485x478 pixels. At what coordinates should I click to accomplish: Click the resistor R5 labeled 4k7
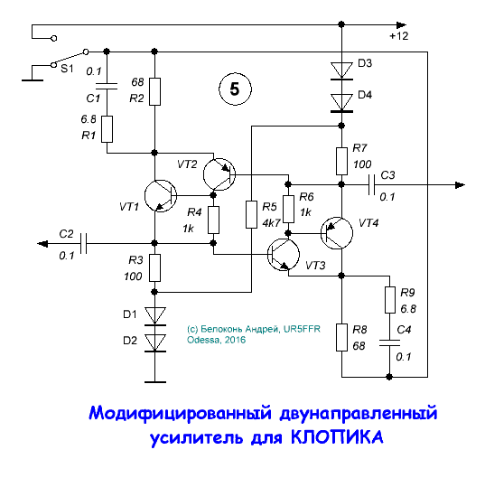click(251, 214)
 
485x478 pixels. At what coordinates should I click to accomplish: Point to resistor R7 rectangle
click(342, 160)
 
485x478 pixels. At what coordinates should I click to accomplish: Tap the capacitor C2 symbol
click(82, 242)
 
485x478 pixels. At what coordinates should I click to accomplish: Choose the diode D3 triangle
click(342, 70)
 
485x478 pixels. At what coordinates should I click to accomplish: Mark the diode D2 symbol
click(155, 342)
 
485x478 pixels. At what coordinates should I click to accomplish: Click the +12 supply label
click(398, 36)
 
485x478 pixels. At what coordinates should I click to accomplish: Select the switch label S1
click(67, 69)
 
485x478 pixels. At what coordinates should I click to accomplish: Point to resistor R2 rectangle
click(155, 91)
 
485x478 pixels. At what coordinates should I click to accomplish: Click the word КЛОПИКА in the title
click(337, 438)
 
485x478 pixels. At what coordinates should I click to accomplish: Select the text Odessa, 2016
click(215, 341)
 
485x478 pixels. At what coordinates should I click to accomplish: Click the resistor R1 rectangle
click(107, 129)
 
